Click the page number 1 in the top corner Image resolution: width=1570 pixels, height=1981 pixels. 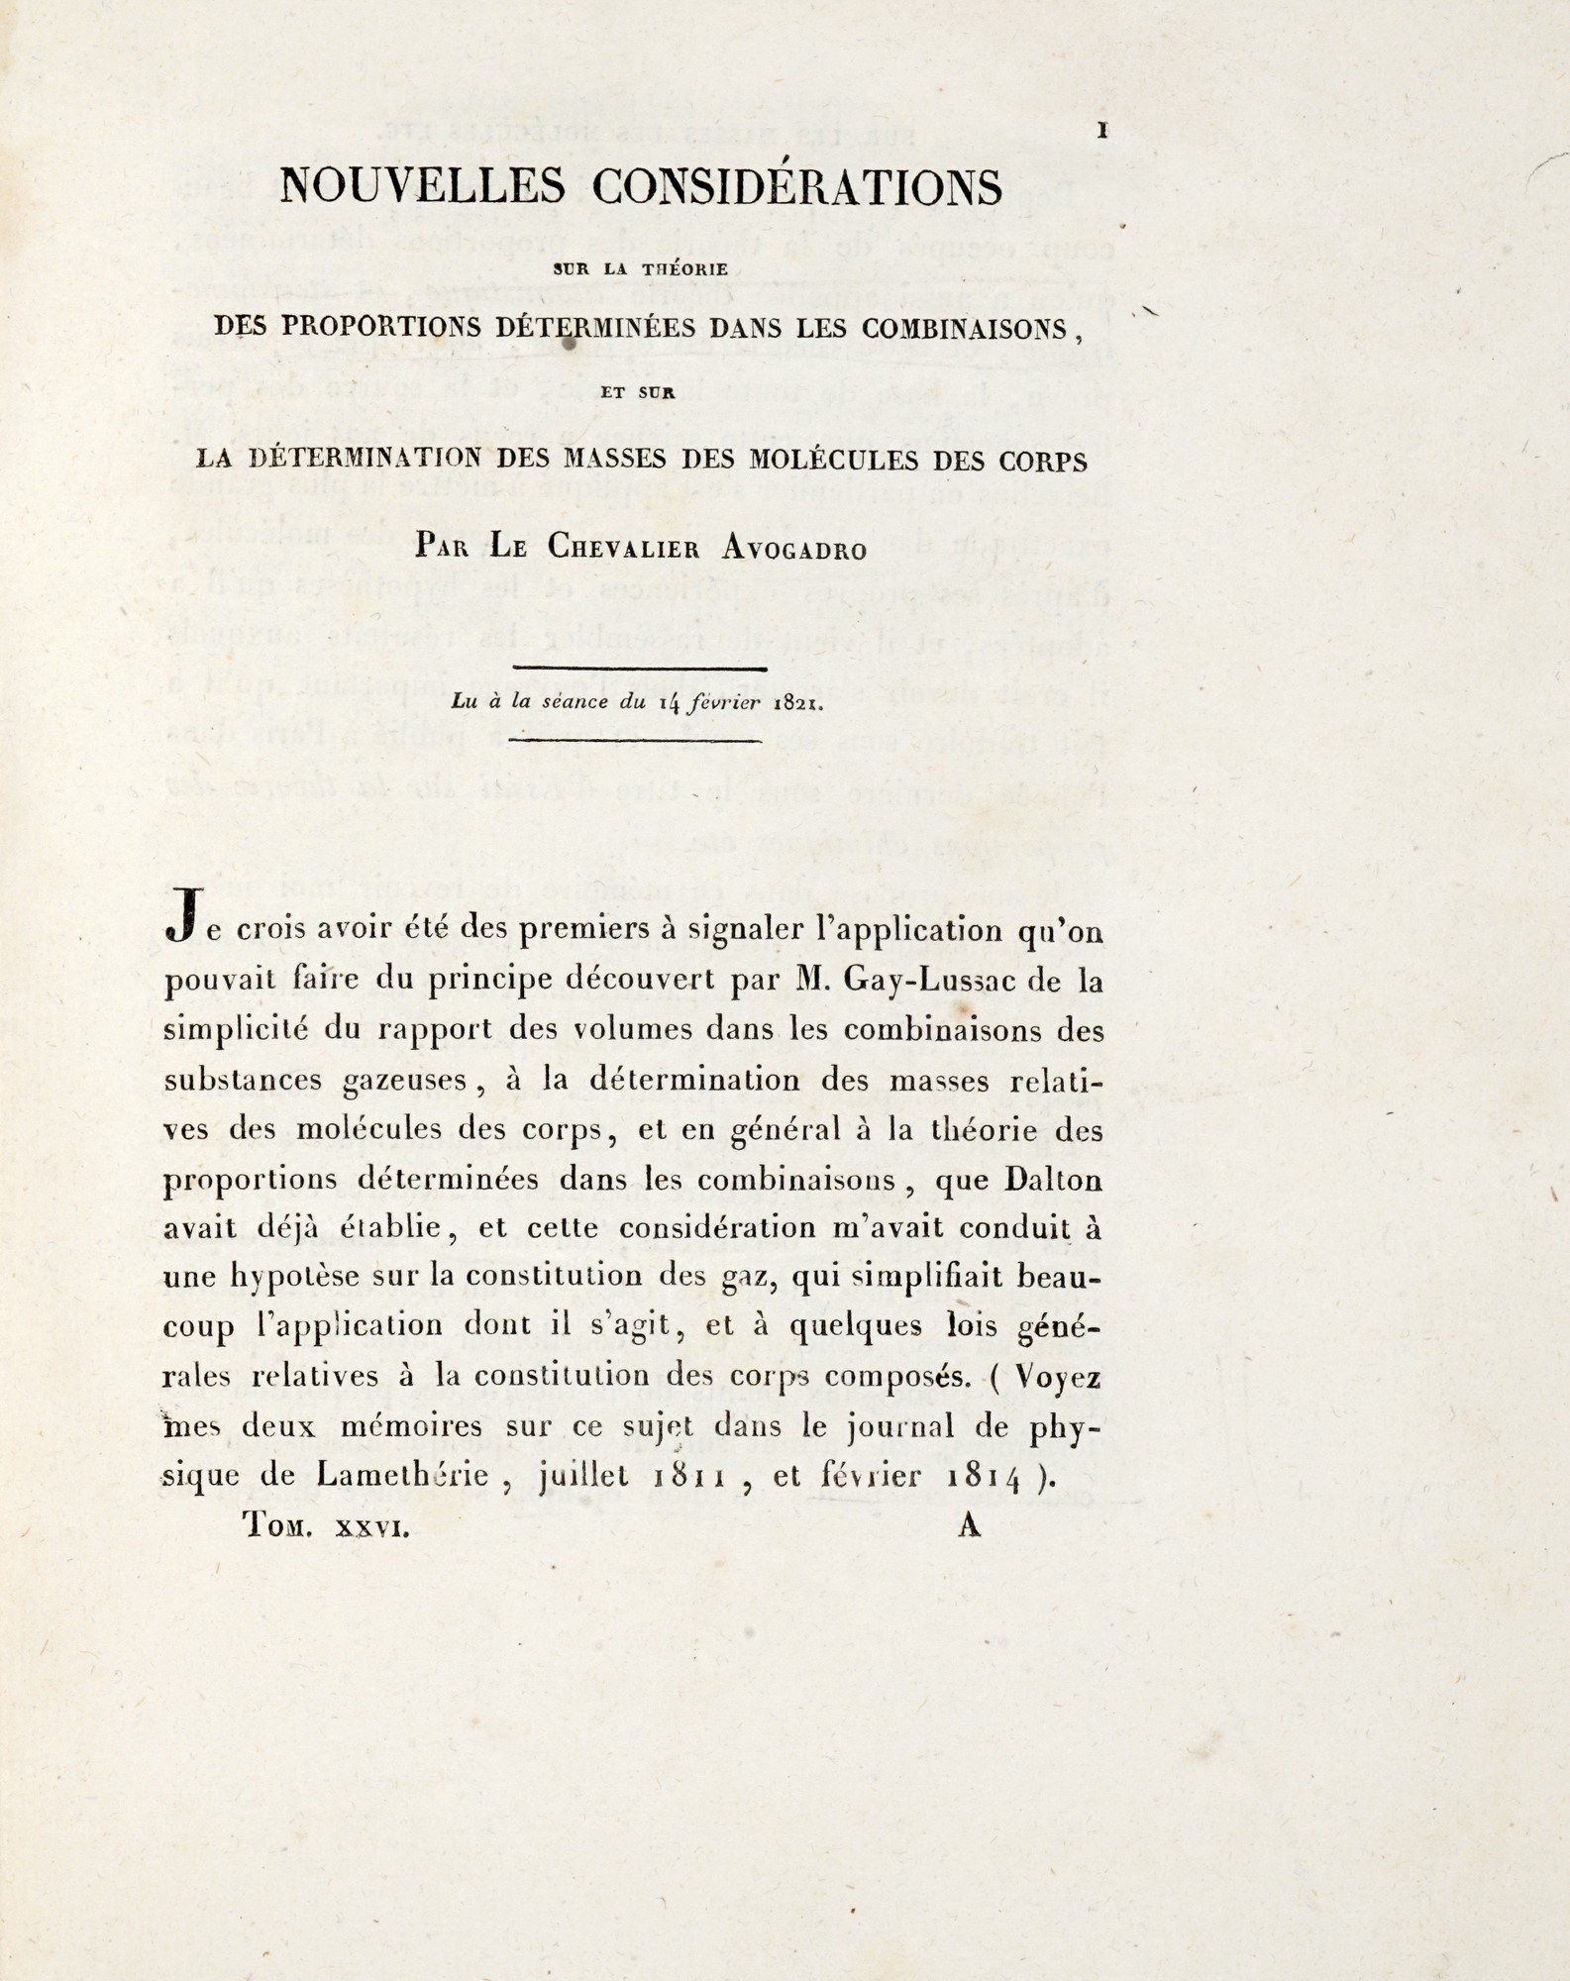1102,131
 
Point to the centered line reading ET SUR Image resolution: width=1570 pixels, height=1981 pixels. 638,393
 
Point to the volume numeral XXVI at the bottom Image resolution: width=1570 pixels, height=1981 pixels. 372,1528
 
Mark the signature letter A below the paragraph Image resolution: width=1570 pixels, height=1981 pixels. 969,1525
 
